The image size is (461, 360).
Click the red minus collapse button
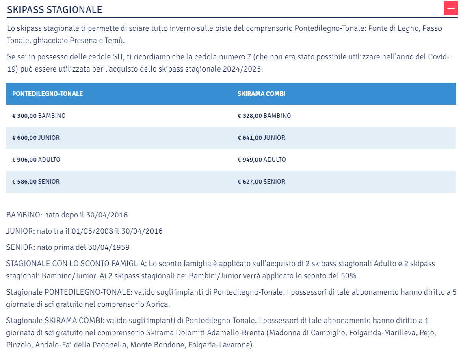[x=450, y=8]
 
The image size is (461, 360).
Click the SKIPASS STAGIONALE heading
[x=54, y=10]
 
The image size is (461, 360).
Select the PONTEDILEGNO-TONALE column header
[x=48, y=94]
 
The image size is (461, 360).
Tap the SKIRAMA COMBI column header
[x=261, y=94]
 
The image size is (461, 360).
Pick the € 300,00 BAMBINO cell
[x=39, y=116]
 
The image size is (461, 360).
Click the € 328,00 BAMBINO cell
[x=264, y=116]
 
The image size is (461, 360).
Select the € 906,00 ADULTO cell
[x=37, y=160]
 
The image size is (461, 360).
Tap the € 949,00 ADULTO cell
[x=262, y=160]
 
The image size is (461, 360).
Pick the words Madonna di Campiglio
[x=306, y=333]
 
